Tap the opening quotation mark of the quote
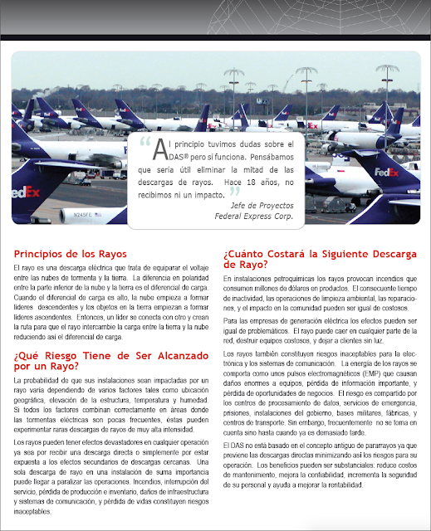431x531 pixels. click(148, 141)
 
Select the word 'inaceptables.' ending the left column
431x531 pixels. click(36, 512)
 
